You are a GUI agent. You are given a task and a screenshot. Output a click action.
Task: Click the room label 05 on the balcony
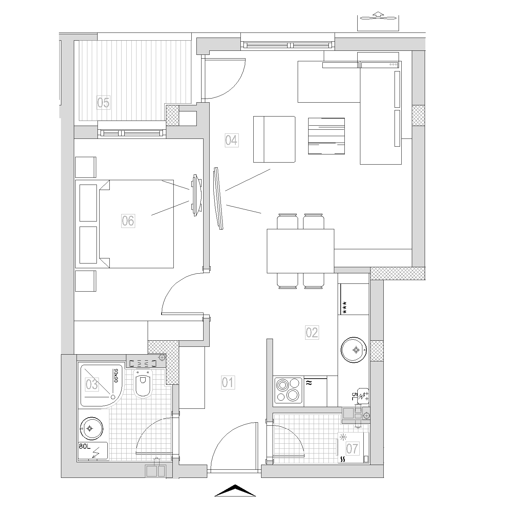pyautogui.click(x=103, y=102)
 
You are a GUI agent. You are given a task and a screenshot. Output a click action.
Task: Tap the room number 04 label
pyautogui.click(x=231, y=140)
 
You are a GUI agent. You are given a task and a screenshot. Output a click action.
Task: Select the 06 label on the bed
pyautogui.click(x=128, y=221)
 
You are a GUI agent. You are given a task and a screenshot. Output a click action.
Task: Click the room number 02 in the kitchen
pyautogui.click(x=312, y=333)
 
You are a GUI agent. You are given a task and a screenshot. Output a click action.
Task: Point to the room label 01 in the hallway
pyautogui.click(x=228, y=382)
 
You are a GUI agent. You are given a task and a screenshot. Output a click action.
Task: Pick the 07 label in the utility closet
pyautogui.click(x=352, y=449)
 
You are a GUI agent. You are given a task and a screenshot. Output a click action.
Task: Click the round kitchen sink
pyautogui.click(x=354, y=350)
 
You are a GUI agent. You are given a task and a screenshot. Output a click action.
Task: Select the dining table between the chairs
pyautogui.click(x=300, y=251)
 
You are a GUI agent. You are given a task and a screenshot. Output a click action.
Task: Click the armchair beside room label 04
pyautogui.click(x=274, y=139)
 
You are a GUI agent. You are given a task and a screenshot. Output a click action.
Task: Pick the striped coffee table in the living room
pyautogui.click(x=326, y=136)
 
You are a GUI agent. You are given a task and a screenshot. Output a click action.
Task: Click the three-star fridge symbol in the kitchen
pyautogui.click(x=345, y=308)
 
